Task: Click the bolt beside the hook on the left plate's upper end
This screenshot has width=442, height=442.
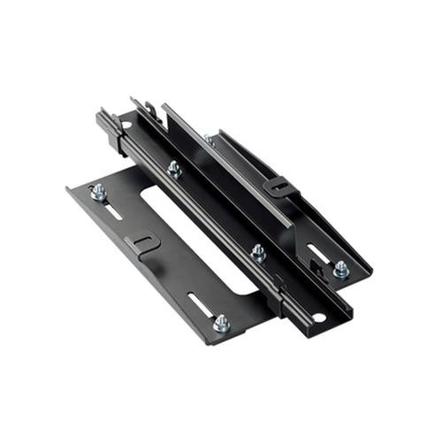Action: (x=98, y=192)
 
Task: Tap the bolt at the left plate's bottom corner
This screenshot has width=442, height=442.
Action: (x=222, y=323)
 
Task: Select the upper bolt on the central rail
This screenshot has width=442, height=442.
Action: (x=175, y=168)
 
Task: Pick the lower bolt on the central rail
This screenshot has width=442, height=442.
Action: (x=258, y=253)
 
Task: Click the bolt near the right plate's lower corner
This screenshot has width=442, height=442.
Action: (x=340, y=269)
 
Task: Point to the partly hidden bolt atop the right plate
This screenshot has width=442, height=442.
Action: (x=209, y=139)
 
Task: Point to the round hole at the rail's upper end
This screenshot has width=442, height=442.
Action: (x=126, y=126)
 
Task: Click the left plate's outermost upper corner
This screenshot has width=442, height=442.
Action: (x=69, y=188)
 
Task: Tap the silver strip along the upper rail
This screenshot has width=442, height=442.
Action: (x=221, y=164)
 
